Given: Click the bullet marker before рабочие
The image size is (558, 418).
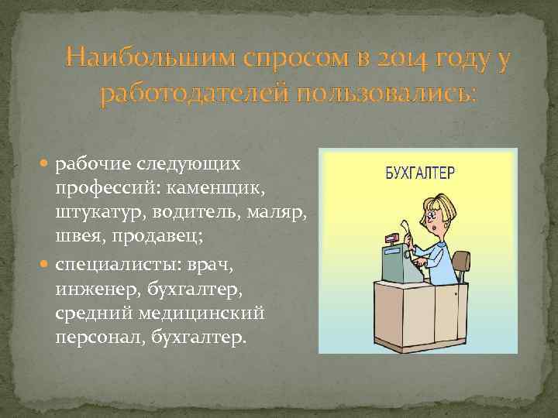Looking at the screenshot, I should coord(47,164).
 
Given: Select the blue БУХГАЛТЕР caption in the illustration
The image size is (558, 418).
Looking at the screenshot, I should coord(421,172).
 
